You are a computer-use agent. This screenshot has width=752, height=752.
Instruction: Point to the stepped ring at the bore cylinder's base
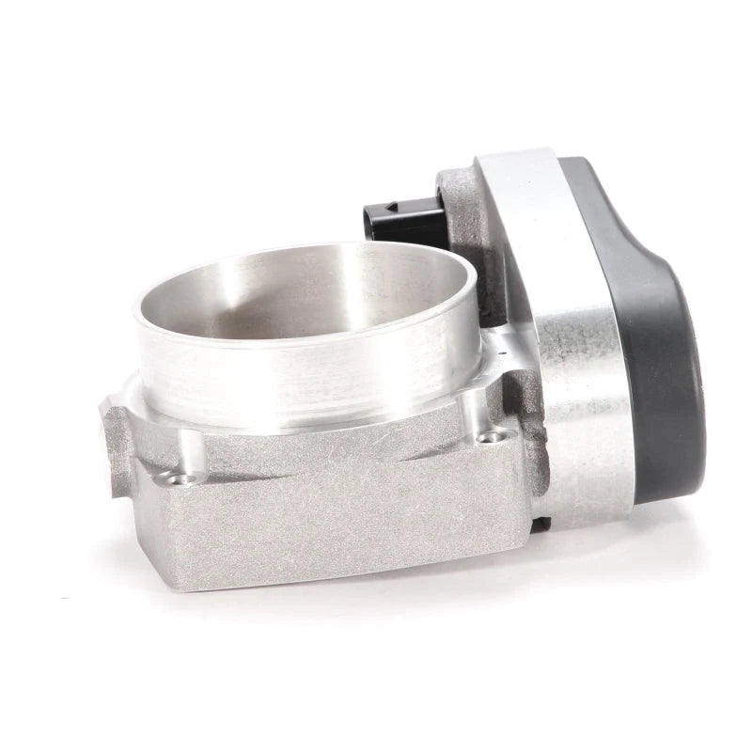(310, 418)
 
